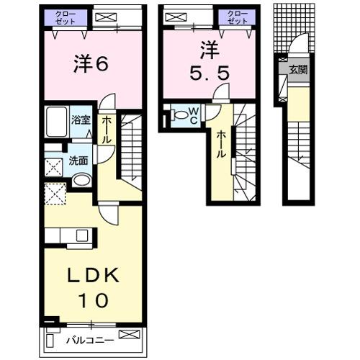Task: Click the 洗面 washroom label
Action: point(78,162)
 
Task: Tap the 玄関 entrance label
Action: point(299,70)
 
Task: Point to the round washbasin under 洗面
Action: point(81,179)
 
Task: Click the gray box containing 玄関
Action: point(297,70)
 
